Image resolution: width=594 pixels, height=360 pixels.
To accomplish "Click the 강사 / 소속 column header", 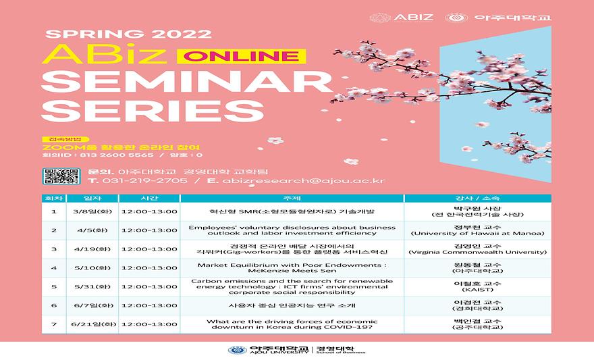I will [477, 198].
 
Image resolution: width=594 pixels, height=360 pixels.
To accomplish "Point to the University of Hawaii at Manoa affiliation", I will [477, 234].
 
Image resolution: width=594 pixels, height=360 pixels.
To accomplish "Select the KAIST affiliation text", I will [477, 290].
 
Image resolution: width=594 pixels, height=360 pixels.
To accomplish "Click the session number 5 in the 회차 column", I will [53, 286].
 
